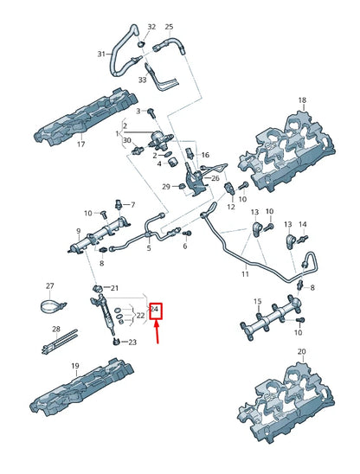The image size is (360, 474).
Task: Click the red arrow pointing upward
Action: click(x=157, y=332)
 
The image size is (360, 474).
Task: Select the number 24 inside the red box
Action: click(x=156, y=309)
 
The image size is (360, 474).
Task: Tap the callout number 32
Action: click(x=152, y=27)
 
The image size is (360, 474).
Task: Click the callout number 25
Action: click(x=169, y=27)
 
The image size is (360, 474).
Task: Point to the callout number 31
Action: click(x=100, y=54)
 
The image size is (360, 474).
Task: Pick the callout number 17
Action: click(x=80, y=144)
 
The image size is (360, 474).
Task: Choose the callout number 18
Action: click(x=302, y=101)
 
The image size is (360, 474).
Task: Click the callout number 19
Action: click(x=75, y=366)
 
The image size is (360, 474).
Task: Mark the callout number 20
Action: click(x=301, y=351)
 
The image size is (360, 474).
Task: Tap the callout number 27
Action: click(x=49, y=285)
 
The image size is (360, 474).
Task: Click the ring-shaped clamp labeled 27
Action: click(x=54, y=305)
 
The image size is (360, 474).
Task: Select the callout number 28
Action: click(x=56, y=329)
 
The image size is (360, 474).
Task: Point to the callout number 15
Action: click(x=257, y=300)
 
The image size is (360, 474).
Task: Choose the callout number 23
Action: click(x=132, y=343)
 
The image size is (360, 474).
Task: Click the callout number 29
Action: click(x=165, y=187)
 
